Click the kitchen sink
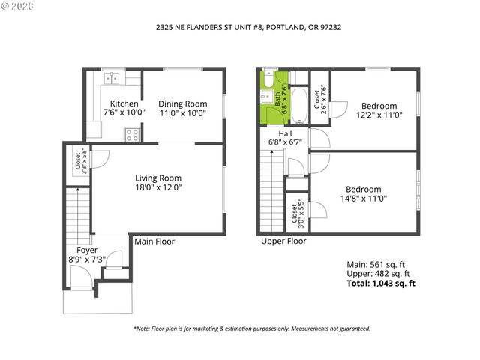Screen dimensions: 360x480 (x=114, y=77)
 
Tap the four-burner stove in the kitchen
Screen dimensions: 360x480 (x=132, y=135)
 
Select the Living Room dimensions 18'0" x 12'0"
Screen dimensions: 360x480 (x=158, y=188)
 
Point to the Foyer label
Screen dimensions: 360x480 (x=87, y=250)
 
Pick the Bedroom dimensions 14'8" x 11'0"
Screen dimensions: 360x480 (x=363, y=199)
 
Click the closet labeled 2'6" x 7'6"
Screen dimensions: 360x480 (x=320, y=97)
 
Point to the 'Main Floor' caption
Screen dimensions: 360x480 (x=154, y=241)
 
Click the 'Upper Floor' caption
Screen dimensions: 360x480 (x=283, y=241)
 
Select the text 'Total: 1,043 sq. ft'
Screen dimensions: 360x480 (x=380, y=283)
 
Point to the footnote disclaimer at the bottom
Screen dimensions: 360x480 (x=241, y=328)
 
